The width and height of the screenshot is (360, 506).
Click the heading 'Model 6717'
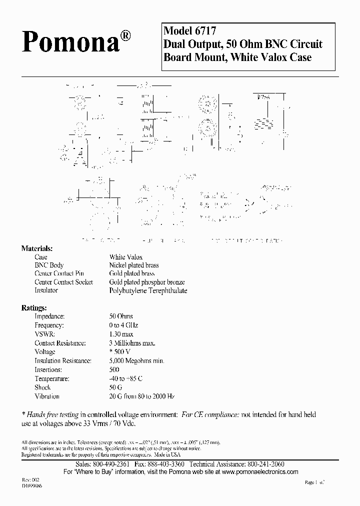[x=189, y=30]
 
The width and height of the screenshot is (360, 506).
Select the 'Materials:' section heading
[x=36, y=248]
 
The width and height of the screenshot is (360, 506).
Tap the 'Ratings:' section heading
[x=34, y=307]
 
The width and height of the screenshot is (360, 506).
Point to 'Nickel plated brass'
[x=134, y=265]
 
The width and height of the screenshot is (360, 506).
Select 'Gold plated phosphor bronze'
[x=147, y=282]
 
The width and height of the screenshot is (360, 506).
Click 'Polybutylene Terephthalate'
[x=148, y=290]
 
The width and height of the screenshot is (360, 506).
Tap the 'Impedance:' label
[x=49, y=316]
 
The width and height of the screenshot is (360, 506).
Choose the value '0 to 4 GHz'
[x=123, y=325]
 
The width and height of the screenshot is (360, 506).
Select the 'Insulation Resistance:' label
[x=63, y=360]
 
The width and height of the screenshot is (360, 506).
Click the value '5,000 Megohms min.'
[x=136, y=360]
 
